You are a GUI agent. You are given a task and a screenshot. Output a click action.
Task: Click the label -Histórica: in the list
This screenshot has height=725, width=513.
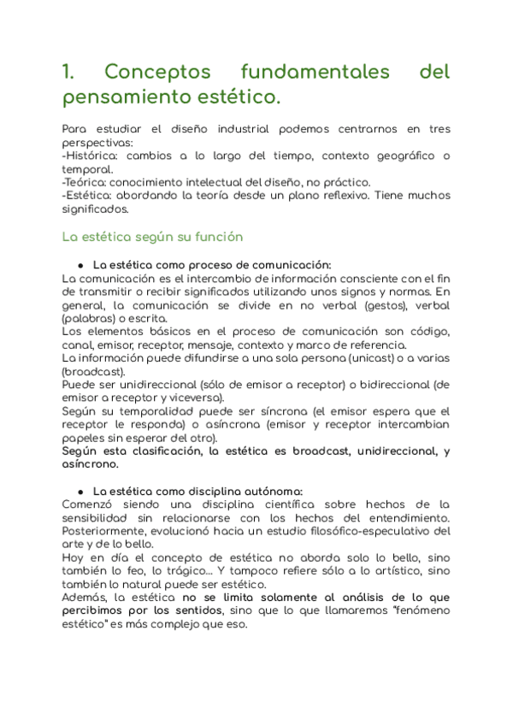93,156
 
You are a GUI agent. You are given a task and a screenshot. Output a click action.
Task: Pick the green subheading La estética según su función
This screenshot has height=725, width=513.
153,236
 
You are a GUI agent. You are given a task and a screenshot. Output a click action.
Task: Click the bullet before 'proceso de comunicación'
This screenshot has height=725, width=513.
80,265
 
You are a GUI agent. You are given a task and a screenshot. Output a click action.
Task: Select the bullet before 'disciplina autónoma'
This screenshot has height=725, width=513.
80,492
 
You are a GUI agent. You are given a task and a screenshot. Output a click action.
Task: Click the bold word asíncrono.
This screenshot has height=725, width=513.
91,464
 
